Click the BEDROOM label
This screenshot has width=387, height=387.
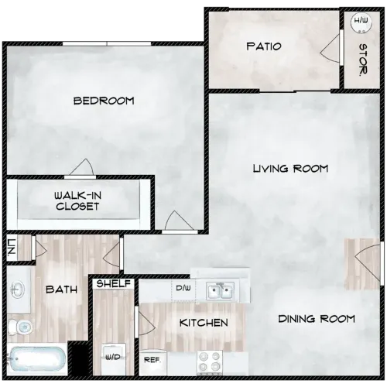[x=104, y=101]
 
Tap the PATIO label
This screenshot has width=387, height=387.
[x=263, y=46]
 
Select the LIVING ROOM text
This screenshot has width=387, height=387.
[x=291, y=168]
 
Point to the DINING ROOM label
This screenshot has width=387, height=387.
[x=316, y=318]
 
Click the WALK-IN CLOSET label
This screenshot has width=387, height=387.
[x=77, y=201]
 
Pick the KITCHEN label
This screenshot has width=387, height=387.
[x=204, y=322]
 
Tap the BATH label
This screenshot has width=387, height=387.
[x=60, y=289]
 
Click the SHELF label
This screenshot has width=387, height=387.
[x=113, y=284]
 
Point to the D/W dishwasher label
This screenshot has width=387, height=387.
[x=183, y=289]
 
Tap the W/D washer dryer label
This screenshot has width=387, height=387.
[x=113, y=357]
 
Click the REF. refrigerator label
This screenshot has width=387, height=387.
[x=151, y=360]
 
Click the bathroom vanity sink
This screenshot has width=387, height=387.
[x=19, y=289]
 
